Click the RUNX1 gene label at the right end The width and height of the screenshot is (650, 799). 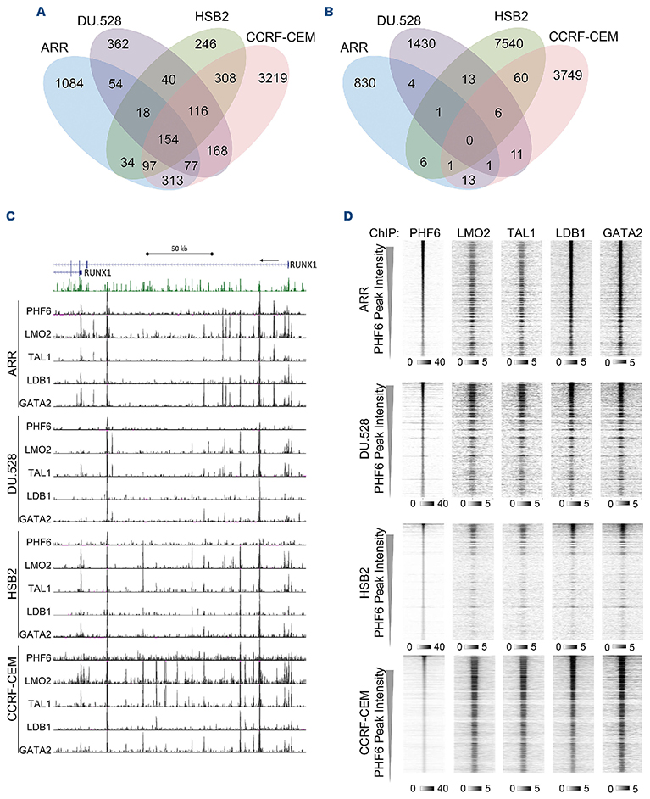[303, 265]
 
